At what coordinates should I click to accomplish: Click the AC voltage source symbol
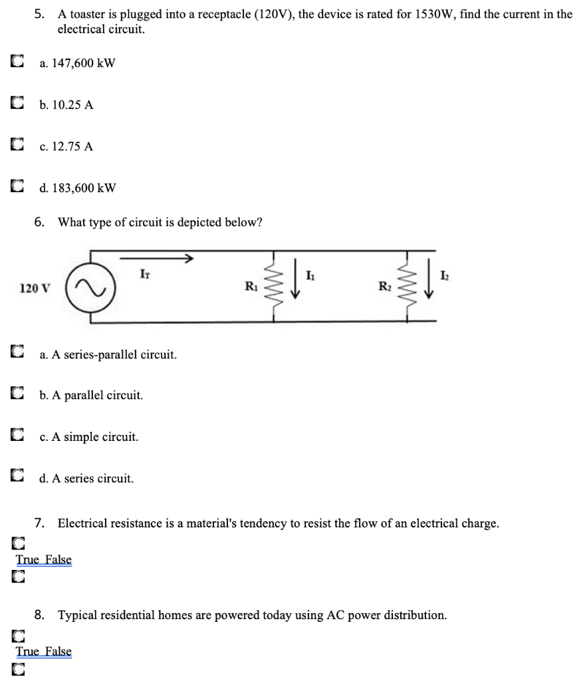coord(92,289)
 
